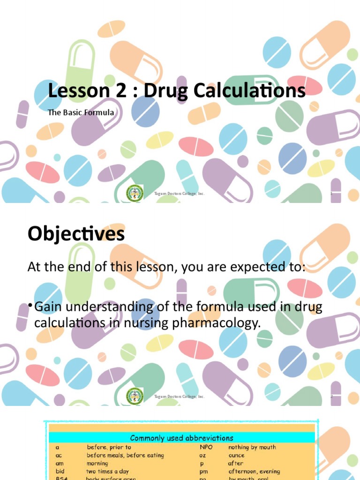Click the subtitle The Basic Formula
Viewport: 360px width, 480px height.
(81, 113)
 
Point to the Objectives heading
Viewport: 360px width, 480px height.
(76, 234)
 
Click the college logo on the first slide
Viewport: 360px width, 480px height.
(135, 194)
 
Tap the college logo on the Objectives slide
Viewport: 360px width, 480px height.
(135, 396)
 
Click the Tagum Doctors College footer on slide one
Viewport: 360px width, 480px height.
(180, 194)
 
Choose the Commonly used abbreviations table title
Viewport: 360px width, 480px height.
(181, 438)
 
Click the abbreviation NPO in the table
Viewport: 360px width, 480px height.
(206, 448)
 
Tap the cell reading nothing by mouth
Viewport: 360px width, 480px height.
(252, 448)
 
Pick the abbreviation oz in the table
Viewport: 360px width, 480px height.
(203, 455)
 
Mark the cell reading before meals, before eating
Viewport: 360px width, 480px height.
(125, 455)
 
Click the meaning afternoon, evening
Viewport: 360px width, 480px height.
(254, 471)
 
